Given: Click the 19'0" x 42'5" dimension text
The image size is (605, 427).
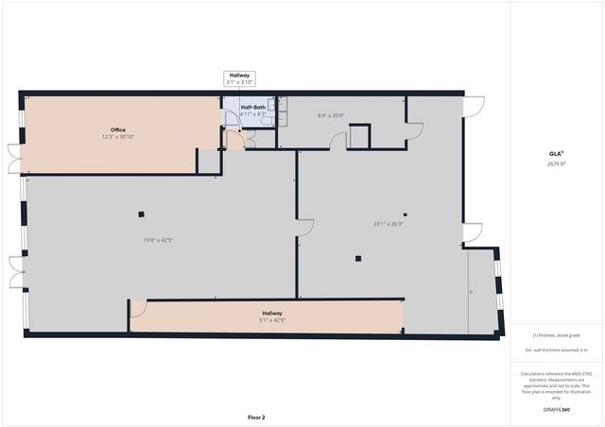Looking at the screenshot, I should (x=158, y=239).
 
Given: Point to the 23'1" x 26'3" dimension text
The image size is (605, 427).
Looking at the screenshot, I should (x=388, y=224).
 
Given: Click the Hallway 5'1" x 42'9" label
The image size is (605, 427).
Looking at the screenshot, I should (x=271, y=316).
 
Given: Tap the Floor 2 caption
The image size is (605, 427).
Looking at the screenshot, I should (x=256, y=417).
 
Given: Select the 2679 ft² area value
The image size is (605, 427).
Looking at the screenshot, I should (x=556, y=163).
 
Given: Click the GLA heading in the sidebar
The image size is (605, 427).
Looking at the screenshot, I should (x=556, y=153).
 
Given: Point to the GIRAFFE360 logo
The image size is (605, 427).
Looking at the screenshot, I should (x=556, y=410).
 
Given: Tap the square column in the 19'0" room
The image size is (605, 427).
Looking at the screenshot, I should (x=140, y=213).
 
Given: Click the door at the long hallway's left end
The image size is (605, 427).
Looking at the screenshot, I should (x=138, y=308).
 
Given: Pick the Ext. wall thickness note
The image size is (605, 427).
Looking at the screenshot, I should (x=556, y=350).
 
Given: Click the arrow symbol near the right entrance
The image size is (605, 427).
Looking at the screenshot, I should (x=471, y=292).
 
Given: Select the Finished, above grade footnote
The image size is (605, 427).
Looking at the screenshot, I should (x=556, y=333).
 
